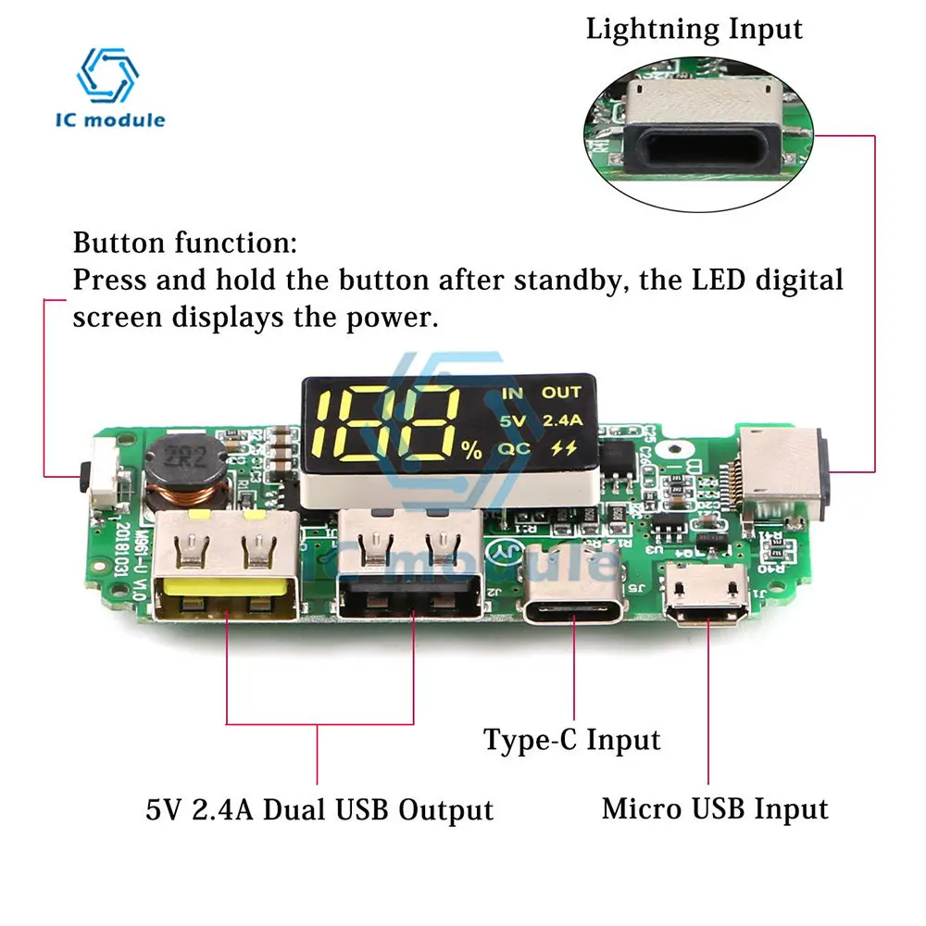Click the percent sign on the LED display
tap(472, 451)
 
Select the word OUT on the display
tap(561, 394)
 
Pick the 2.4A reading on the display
tap(561, 421)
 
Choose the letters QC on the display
tap(512, 449)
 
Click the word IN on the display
tap(512, 394)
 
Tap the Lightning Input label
tap(694, 29)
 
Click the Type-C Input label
tap(571, 740)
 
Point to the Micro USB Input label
tap(715, 808)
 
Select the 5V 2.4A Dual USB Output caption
tap(319, 810)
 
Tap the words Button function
tap(185, 244)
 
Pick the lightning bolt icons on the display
tap(561, 450)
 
